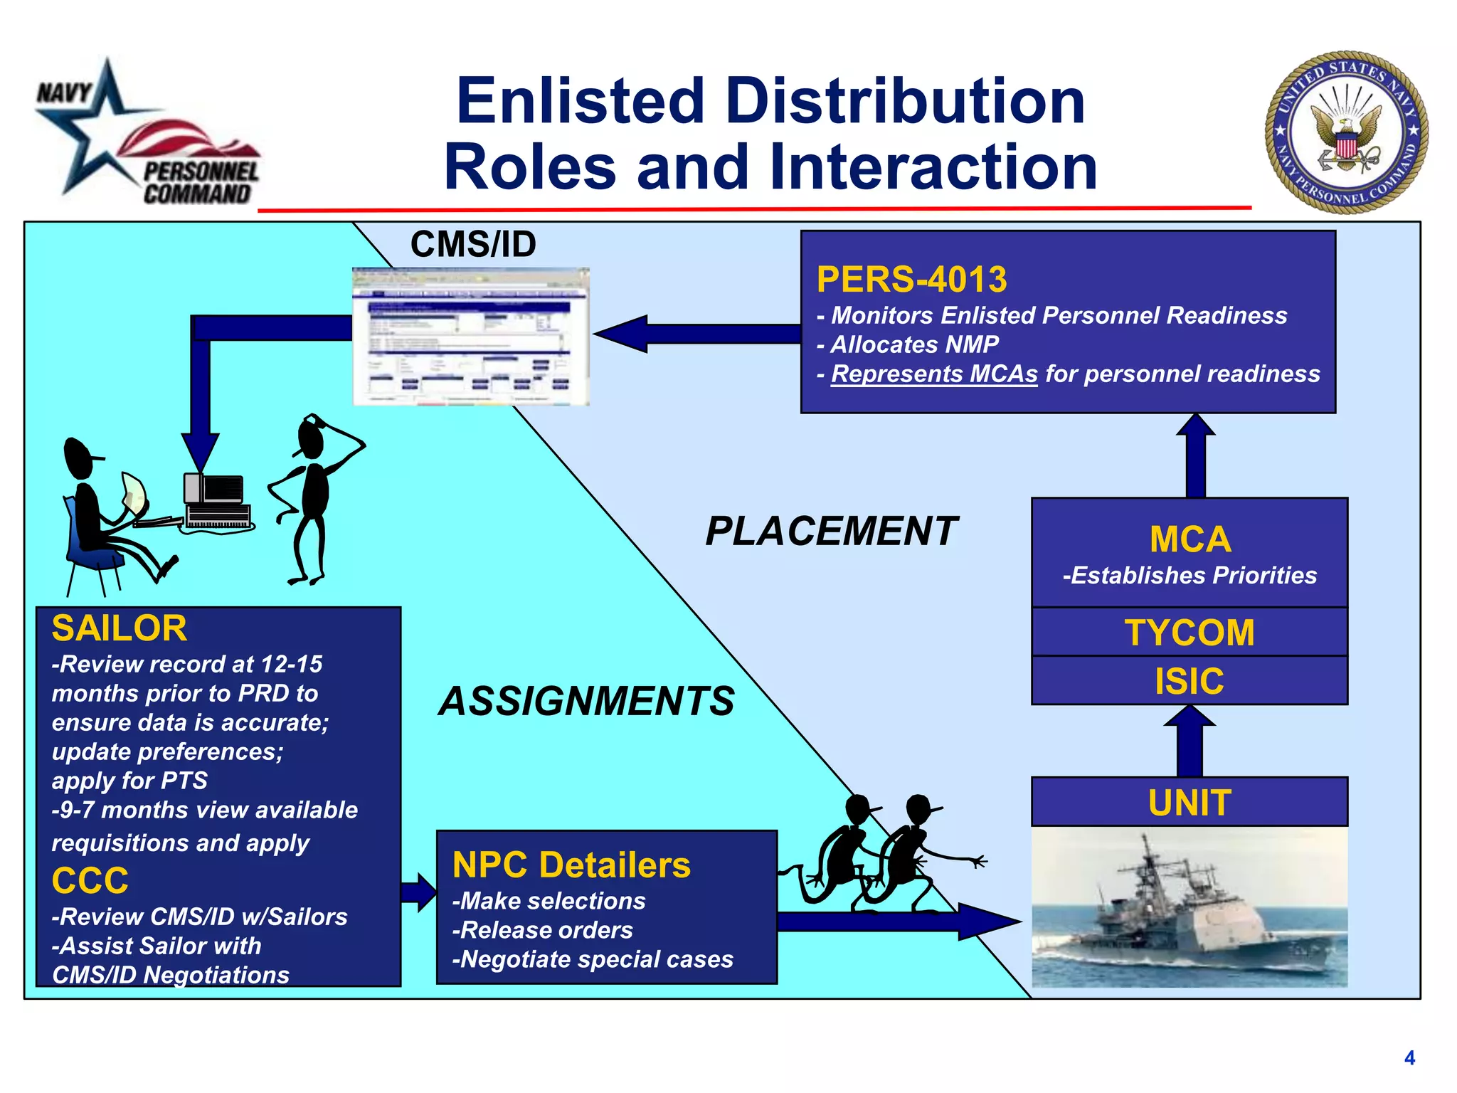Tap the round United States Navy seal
coord(1346,132)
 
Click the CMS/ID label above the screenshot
coord(473,244)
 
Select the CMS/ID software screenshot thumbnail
coord(471,337)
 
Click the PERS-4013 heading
coord(911,279)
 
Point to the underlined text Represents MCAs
coord(934,374)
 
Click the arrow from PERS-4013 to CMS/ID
coord(697,334)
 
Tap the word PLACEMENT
coord(831,531)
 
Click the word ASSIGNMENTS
coord(586,701)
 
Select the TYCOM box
coord(1189,632)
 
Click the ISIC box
coord(1189,680)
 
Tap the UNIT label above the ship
coord(1189,802)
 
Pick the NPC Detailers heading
coord(571,865)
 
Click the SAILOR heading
coord(119,628)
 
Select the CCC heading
coord(90,880)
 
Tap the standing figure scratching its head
coord(313,498)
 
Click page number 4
coord(1409,1057)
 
